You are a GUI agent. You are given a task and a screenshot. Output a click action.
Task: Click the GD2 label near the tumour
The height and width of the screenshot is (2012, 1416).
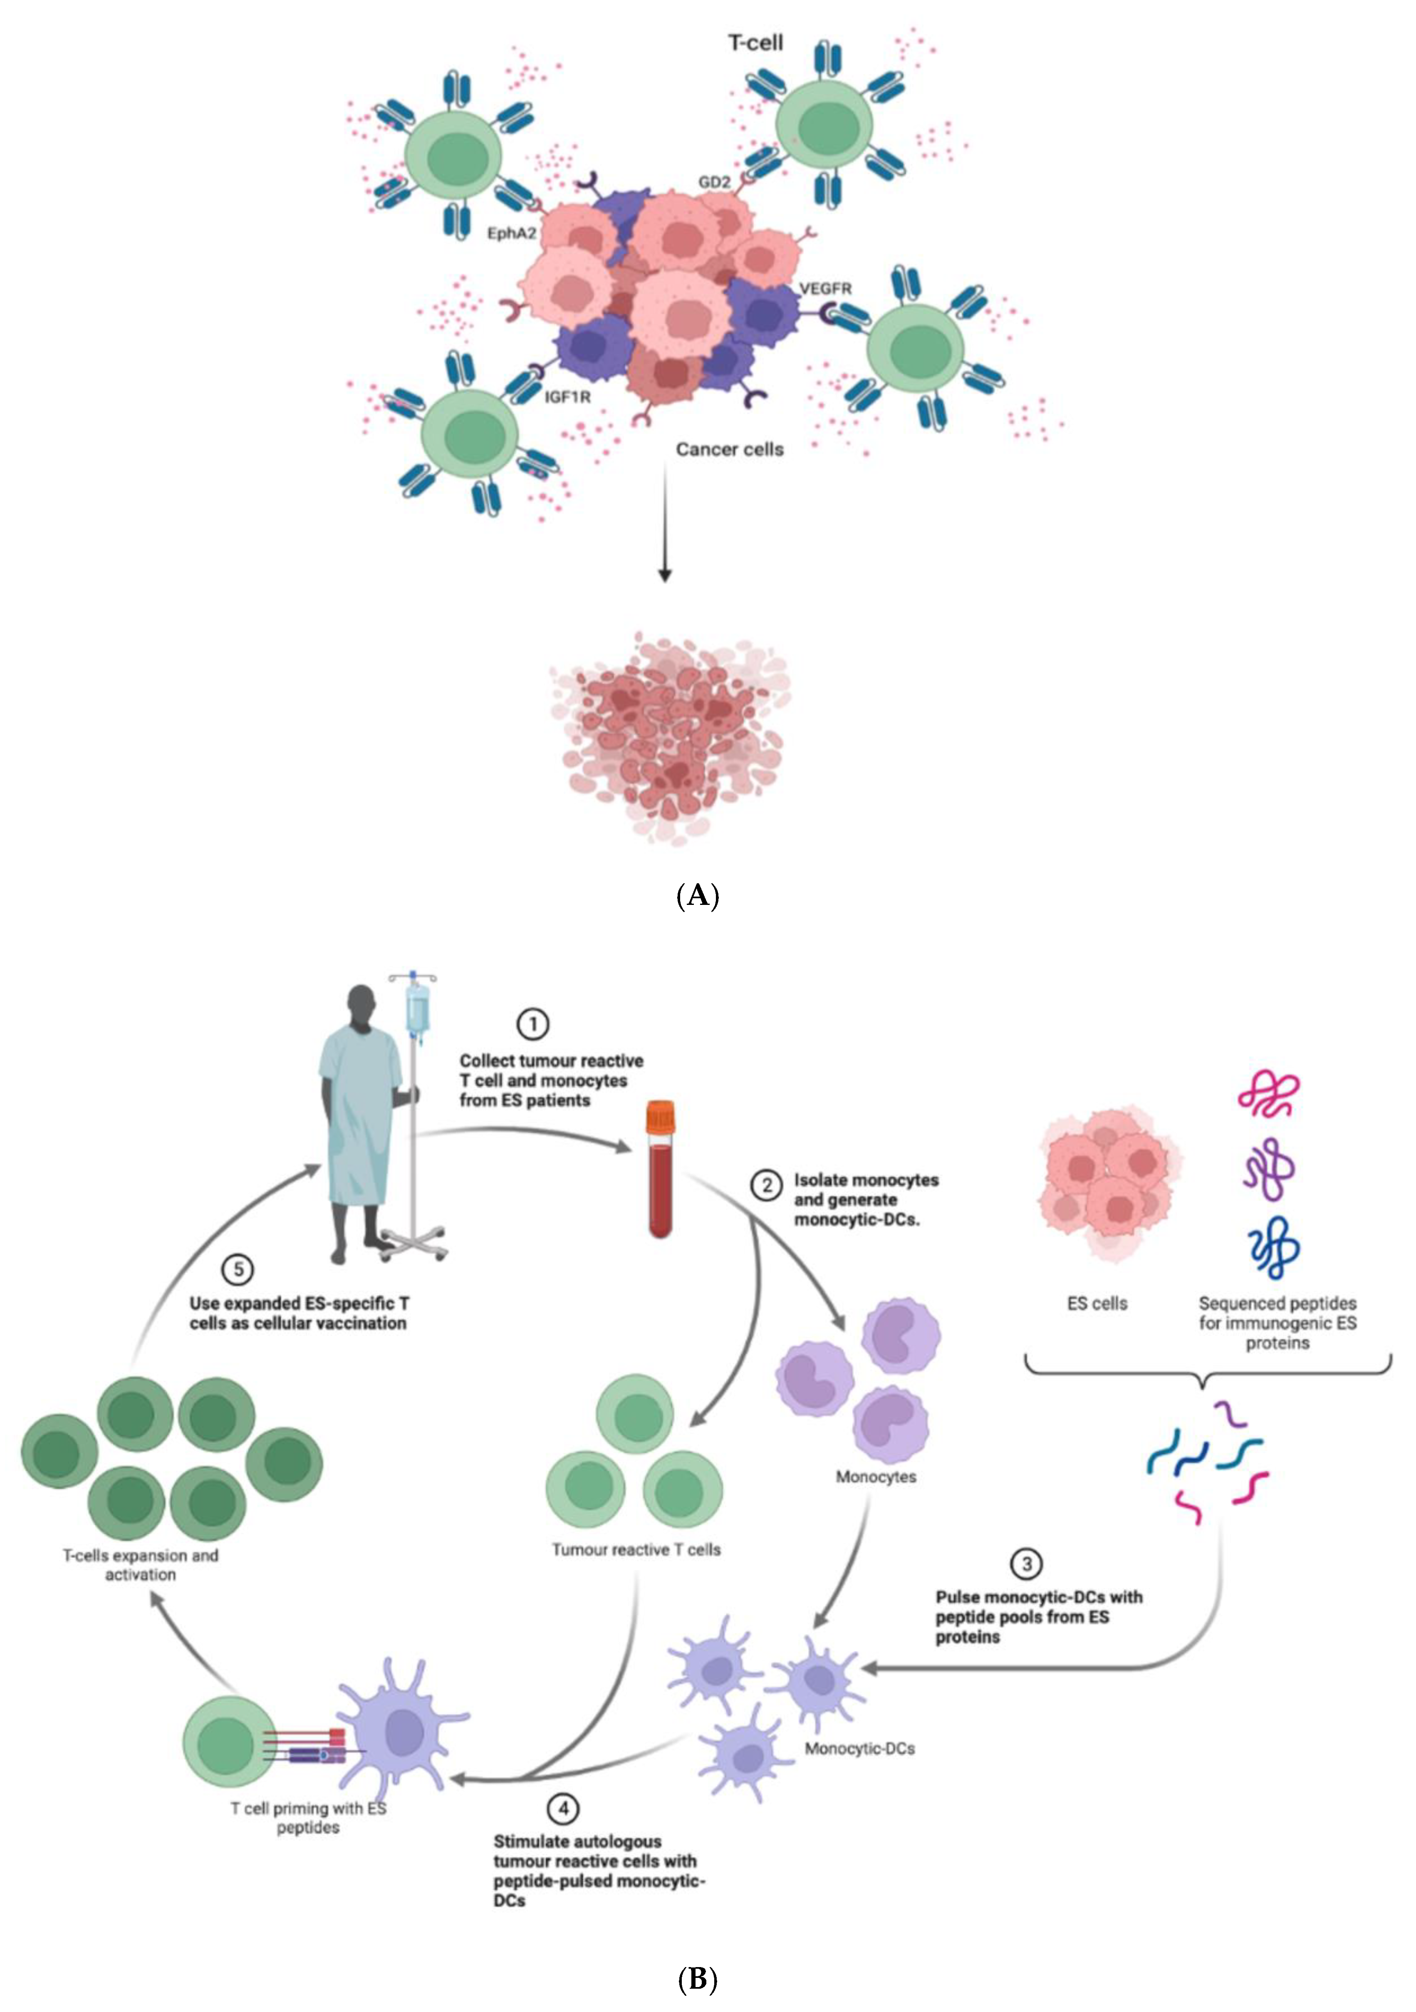pos(714,182)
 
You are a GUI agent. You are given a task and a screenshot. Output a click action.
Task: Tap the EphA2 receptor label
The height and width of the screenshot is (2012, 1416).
pos(512,234)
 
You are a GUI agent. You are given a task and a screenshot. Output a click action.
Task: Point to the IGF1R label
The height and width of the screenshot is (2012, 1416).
pos(568,397)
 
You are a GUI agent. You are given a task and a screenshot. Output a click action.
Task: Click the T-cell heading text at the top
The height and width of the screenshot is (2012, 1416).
pos(755,42)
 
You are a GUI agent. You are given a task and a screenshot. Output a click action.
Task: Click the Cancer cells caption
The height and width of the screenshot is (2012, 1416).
pos(729,450)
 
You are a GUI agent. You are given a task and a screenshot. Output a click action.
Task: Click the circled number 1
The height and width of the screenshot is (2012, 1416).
pos(533,1023)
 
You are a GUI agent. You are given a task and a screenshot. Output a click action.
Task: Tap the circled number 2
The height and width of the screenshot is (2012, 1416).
pos(767,1185)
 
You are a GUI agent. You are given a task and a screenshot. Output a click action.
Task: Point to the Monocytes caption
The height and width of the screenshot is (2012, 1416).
pos(875,1477)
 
